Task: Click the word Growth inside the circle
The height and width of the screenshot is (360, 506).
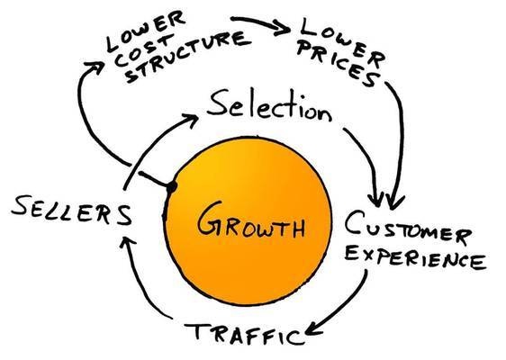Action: (x=248, y=220)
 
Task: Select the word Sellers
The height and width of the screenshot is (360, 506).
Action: (x=68, y=214)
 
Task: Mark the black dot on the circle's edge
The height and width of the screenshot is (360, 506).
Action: (x=169, y=186)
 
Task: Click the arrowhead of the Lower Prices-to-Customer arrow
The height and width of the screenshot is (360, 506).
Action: (x=393, y=200)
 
